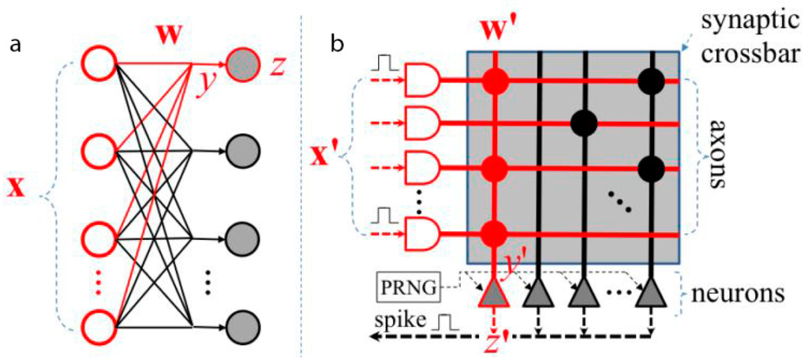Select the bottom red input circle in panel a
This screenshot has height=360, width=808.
pyautogui.click(x=99, y=324)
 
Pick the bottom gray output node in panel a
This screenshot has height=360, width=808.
pyautogui.click(x=241, y=324)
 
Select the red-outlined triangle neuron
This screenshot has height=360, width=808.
pyautogui.click(x=495, y=293)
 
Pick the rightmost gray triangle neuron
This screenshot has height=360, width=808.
pyautogui.click(x=652, y=293)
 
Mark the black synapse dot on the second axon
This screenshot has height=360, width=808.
pyautogui.click(x=585, y=122)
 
